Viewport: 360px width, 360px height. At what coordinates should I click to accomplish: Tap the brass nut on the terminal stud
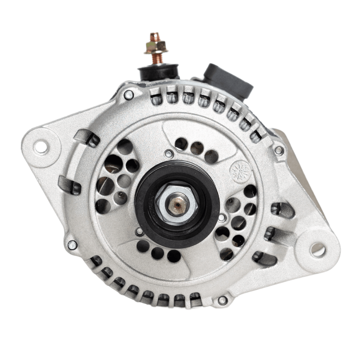(x=155, y=47)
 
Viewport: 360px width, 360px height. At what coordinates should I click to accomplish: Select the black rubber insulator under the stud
(x=158, y=72)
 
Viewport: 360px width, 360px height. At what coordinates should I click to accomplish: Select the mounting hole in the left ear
(x=41, y=147)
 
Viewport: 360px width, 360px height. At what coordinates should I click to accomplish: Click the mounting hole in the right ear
(x=318, y=249)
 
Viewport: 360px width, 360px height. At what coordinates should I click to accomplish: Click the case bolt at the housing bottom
(x=222, y=300)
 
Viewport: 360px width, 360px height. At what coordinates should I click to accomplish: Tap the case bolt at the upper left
(x=129, y=95)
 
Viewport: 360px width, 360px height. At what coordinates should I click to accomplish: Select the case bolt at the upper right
(x=279, y=150)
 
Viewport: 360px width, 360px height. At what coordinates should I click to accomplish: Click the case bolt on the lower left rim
(x=72, y=245)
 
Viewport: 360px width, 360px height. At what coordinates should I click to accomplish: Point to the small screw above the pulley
(x=169, y=154)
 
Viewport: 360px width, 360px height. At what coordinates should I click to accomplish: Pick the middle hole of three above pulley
(x=197, y=148)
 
